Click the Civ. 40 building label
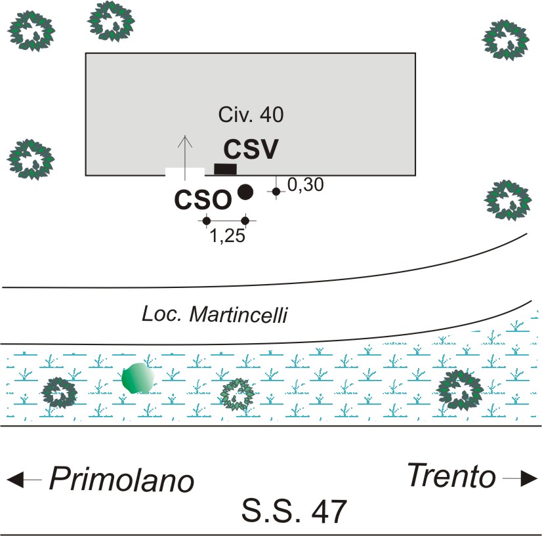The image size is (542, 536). pyautogui.click(x=251, y=115)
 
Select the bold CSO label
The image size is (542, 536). pyautogui.click(x=203, y=199)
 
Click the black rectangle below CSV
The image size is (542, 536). pyautogui.click(x=225, y=169)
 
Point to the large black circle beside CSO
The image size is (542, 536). pyautogui.click(x=245, y=192)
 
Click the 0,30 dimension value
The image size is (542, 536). pyautogui.click(x=306, y=186)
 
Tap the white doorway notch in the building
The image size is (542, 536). pyautogui.click(x=185, y=172)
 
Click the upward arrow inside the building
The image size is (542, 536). pyautogui.click(x=186, y=150)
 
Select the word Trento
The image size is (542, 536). pyautogui.click(x=451, y=476)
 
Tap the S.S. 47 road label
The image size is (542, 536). pyautogui.click(x=293, y=511)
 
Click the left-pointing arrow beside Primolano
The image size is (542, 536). pyautogui.click(x=25, y=480)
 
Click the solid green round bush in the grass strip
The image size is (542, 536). pyautogui.click(x=138, y=379)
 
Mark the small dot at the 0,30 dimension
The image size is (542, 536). pyautogui.click(x=276, y=191)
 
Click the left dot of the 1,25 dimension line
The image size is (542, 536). pyautogui.click(x=207, y=220)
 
